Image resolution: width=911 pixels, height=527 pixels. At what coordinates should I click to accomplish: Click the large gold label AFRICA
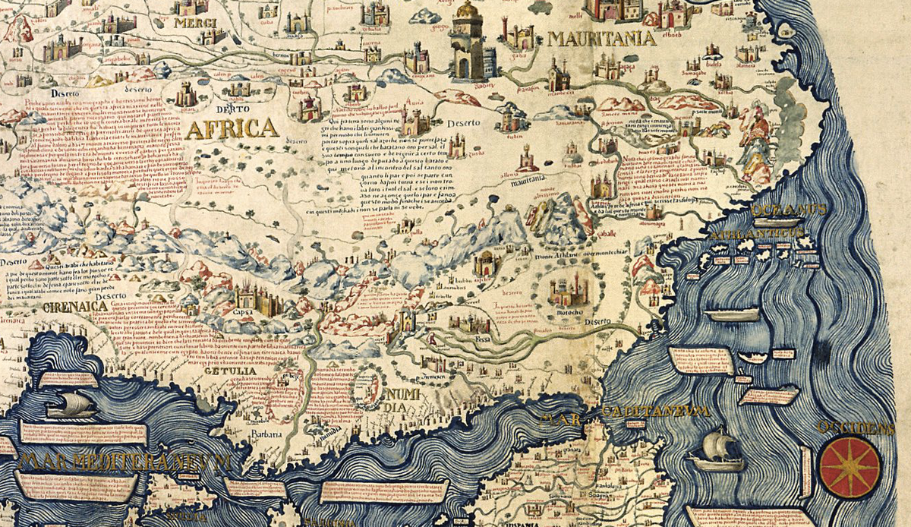coord(232,128)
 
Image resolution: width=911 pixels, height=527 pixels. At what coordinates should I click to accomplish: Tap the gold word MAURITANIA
coord(601,39)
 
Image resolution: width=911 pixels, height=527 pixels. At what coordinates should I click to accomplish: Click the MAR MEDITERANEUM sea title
coord(125,461)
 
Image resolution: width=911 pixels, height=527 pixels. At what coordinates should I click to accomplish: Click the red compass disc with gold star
coord(850,464)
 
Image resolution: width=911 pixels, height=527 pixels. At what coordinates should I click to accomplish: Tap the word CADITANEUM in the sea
coord(654,411)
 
